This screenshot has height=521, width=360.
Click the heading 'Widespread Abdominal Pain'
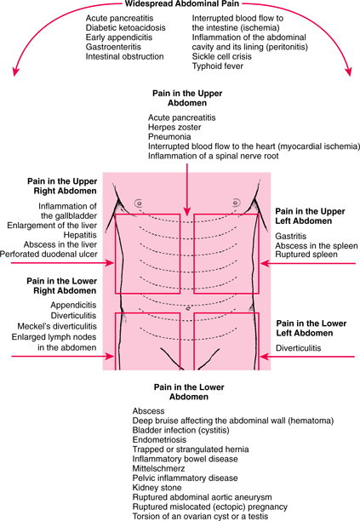[x=181, y=3]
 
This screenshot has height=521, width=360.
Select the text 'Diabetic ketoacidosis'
[x=126, y=27]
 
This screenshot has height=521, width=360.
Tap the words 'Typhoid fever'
[x=218, y=66]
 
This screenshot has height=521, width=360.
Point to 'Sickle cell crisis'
[x=221, y=56]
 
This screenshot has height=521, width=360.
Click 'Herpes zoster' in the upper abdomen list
[x=174, y=127]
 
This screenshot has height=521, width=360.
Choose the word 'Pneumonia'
[x=169, y=137]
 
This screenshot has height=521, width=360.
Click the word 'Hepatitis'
[x=80, y=235]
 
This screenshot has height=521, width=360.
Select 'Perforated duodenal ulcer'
[x=49, y=255]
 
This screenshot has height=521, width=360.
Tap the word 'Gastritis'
[x=290, y=237]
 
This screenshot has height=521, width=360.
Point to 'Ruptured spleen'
[x=306, y=255]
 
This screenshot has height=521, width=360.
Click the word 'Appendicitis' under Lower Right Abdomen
[x=73, y=305]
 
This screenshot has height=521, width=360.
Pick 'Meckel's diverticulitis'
[x=57, y=326]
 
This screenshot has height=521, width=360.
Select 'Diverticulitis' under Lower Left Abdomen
[x=299, y=348]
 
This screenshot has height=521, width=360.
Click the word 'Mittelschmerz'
[x=158, y=468]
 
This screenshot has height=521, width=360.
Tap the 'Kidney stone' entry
[x=157, y=488]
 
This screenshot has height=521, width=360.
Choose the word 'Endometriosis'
[x=159, y=439]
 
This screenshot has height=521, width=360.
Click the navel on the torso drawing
[x=188, y=309]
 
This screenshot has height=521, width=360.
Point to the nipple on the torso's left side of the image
[x=139, y=203]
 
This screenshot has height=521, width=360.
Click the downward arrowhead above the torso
[x=187, y=210]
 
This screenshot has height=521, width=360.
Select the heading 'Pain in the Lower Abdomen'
[x=189, y=392]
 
